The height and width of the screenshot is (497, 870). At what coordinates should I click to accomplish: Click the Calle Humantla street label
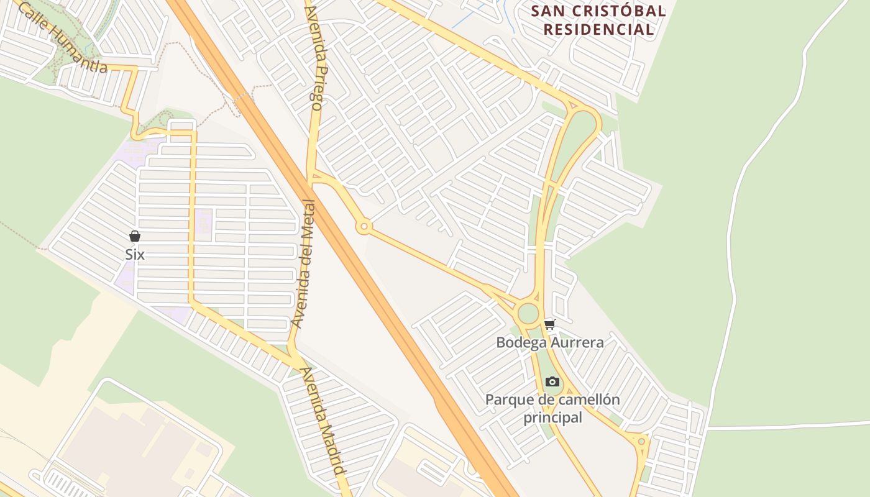point(63,38)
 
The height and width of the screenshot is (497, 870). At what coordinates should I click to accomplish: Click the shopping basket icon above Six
point(135,236)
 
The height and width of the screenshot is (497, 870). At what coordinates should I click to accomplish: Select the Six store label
point(135,254)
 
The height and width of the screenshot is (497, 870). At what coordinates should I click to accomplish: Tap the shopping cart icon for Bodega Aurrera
point(549,324)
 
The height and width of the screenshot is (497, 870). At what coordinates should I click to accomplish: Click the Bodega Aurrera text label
point(549,342)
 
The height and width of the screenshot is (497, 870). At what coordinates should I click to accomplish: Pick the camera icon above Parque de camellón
point(552,381)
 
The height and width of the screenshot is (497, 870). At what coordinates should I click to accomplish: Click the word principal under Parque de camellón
point(552,417)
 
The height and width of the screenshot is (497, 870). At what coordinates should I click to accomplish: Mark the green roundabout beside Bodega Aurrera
point(528,313)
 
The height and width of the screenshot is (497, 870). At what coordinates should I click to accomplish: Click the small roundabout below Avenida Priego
point(364,227)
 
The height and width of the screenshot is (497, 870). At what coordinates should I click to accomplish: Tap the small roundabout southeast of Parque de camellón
point(641,441)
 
